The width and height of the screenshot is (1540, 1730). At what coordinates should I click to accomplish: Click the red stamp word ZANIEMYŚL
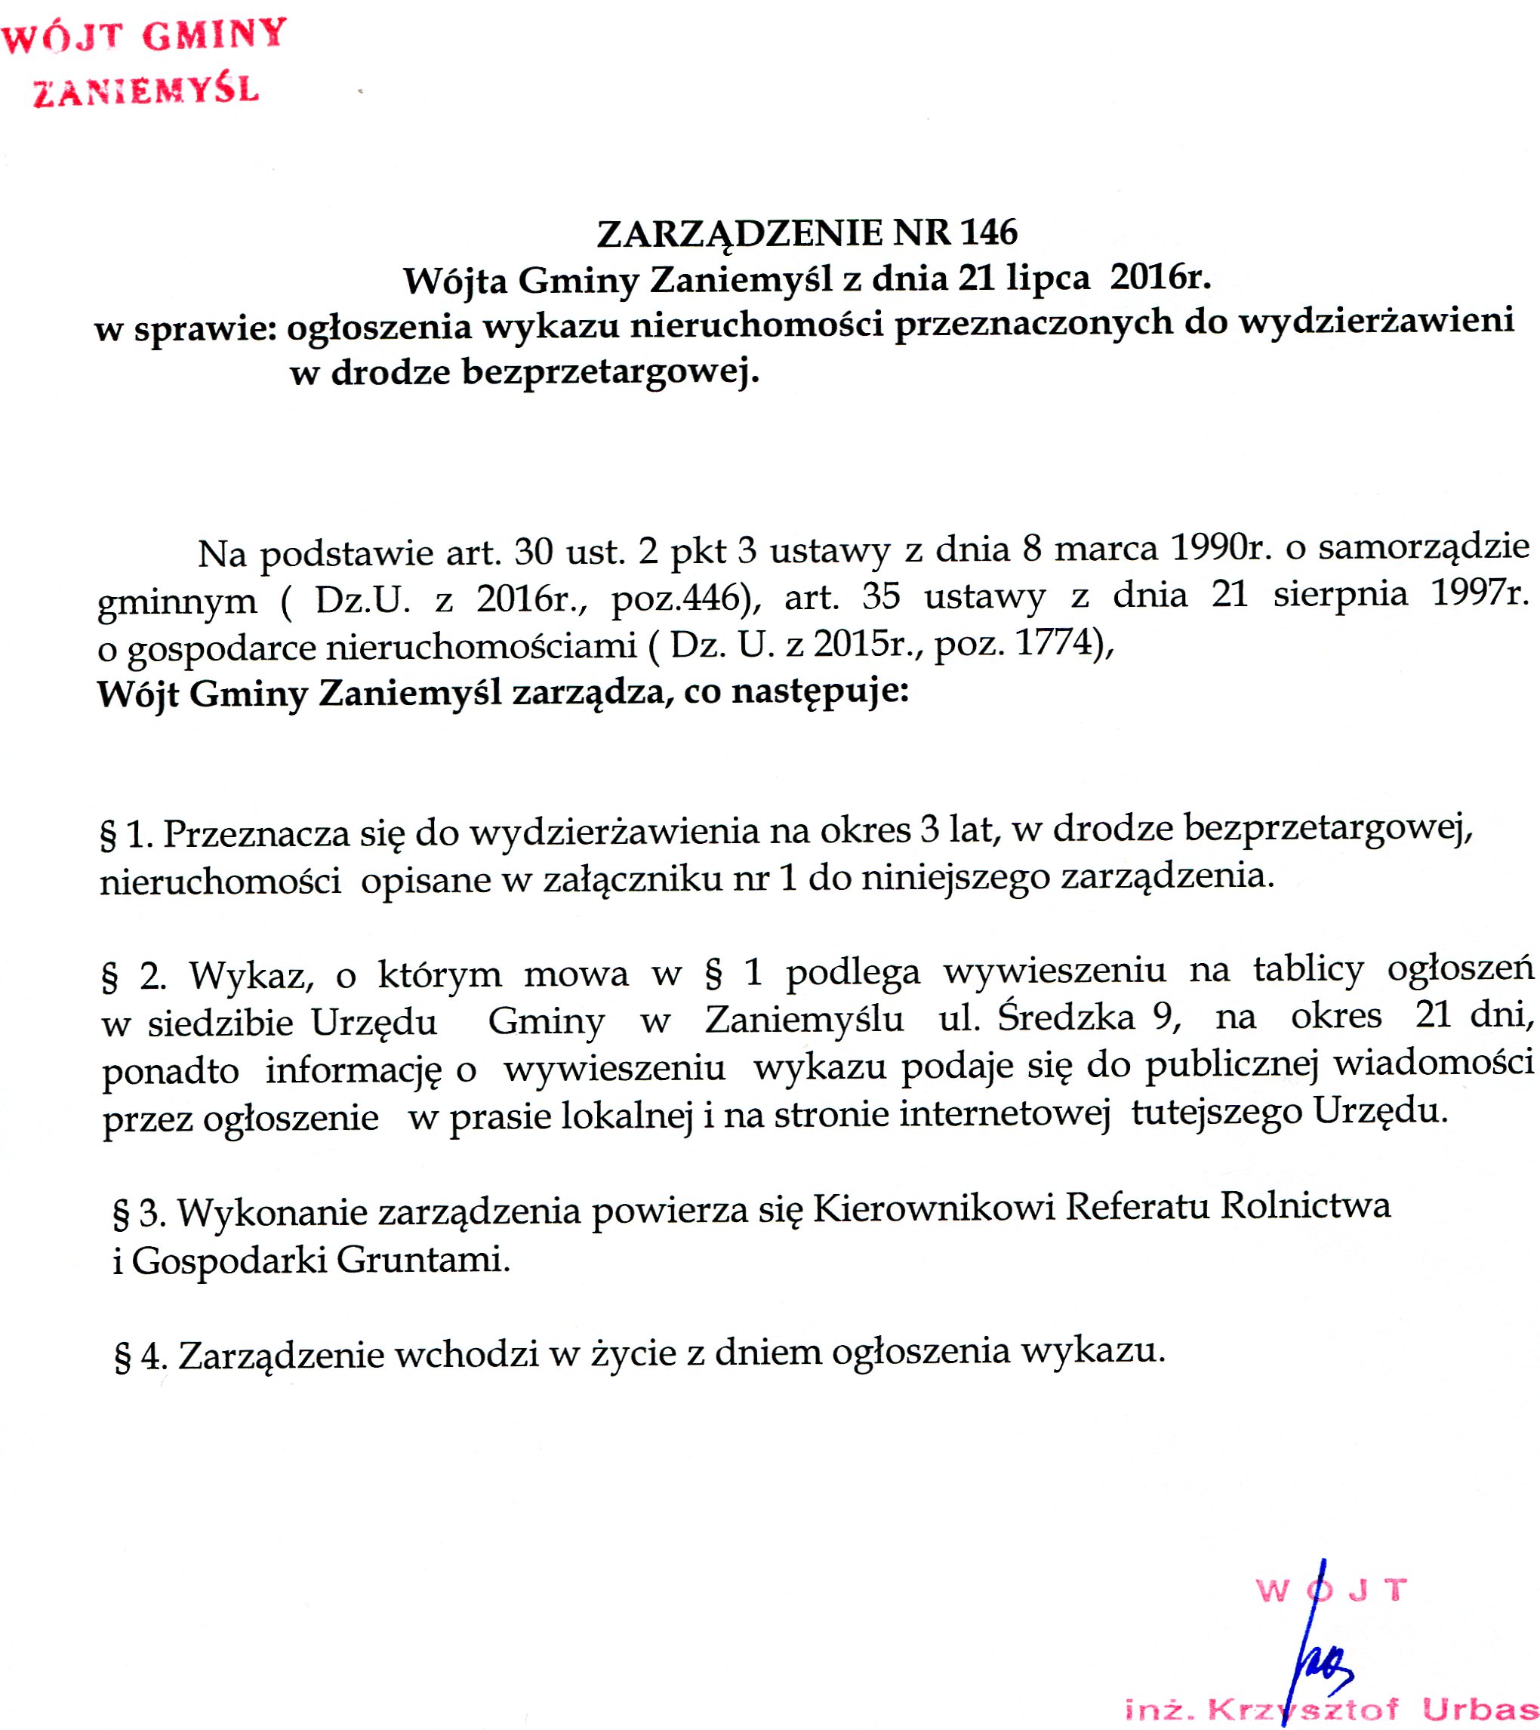[x=146, y=91]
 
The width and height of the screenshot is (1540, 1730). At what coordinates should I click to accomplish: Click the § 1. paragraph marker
[x=126, y=836]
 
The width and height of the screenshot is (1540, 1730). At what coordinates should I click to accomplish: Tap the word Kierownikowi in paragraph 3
[x=934, y=1208]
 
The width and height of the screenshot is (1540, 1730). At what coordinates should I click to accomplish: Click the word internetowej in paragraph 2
[x=1004, y=1114]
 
